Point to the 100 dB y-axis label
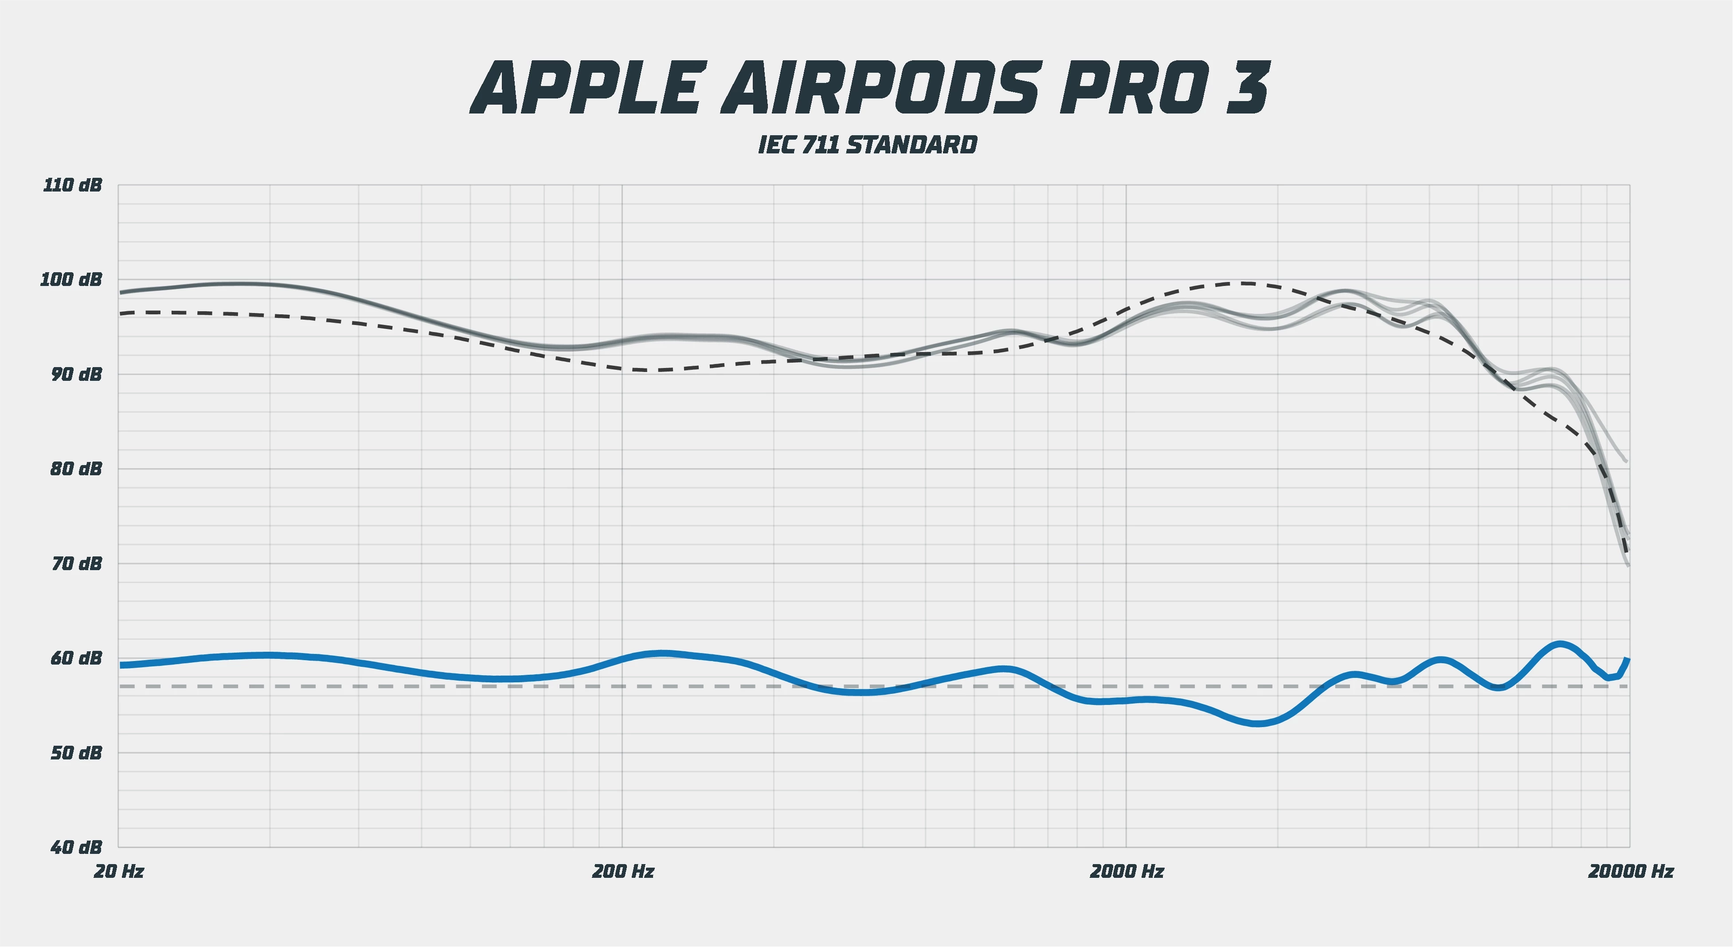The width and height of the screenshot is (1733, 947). [x=71, y=279]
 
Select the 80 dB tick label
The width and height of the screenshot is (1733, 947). [x=75, y=469]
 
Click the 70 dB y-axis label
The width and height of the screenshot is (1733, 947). [x=75, y=564]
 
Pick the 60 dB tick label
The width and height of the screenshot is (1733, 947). [x=75, y=658]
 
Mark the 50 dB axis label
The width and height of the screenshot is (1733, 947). [x=75, y=753]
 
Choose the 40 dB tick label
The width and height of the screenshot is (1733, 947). [x=75, y=847]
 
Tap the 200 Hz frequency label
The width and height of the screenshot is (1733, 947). [x=623, y=872]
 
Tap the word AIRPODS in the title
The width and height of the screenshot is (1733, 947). [x=882, y=89]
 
